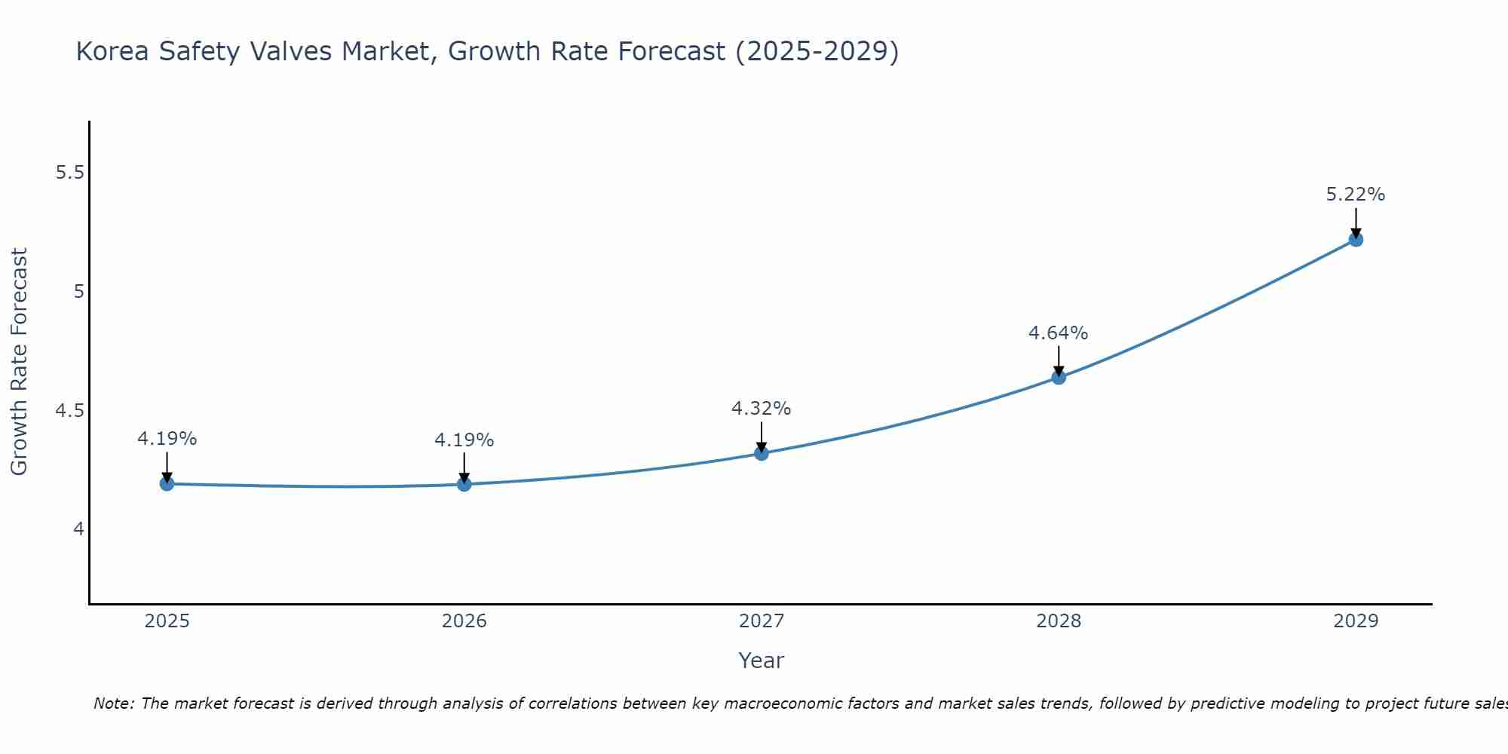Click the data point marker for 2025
(x=167, y=483)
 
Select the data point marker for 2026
(x=464, y=484)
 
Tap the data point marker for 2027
(x=762, y=453)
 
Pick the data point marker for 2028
(x=1059, y=377)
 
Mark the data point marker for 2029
(x=1356, y=240)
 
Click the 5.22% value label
(x=1356, y=195)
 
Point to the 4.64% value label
(x=1059, y=333)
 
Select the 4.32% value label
(x=762, y=409)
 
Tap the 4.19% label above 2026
(x=464, y=440)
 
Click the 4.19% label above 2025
(x=167, y=438)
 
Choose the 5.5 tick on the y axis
(x=69, y=173)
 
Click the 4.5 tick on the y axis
(x=69, y=411)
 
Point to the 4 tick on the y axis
(x=78, y=529)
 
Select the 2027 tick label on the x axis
(x=762, y=621)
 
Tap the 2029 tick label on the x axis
(x=1356, y=621)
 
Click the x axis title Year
(x=762, y=661)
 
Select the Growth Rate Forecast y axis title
(x=20, y=362)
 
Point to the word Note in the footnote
(x=113, y=703)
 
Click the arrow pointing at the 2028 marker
(x=1059, y=360)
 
